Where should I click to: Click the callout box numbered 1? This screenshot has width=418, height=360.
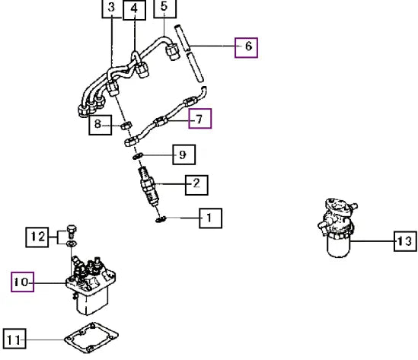(x=211, y=218)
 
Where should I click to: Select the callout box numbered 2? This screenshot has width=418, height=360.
(x=196, y=185)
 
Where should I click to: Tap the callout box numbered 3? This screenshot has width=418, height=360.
(x=112, y=8)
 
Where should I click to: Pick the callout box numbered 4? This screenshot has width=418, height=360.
(x=134, y=10)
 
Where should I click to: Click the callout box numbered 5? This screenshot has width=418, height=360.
(x=165, y=8)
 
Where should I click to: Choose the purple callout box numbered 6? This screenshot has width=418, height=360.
(x=247, y=48)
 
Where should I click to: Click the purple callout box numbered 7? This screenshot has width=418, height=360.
(x=200, y=118)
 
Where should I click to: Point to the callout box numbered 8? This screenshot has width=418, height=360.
(x=101, y=125)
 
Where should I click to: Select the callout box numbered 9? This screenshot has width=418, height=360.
(x=184, y=155)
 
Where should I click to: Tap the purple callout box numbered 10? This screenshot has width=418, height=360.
(x=22, y=282)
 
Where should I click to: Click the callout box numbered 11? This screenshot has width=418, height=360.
(x=14, y=339)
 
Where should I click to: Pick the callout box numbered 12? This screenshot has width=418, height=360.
(x=37, y=237)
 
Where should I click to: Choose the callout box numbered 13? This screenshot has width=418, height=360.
(x=405, y=241)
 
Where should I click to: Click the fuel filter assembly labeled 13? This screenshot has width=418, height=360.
(x=338, y=228)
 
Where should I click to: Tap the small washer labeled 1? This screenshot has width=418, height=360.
(x=161, y=220)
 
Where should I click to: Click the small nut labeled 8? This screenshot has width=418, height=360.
(x=126, y=126)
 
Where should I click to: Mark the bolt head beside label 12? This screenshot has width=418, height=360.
(x=71, y=231)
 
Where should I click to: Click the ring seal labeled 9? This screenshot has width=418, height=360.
(x=138, y=156)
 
